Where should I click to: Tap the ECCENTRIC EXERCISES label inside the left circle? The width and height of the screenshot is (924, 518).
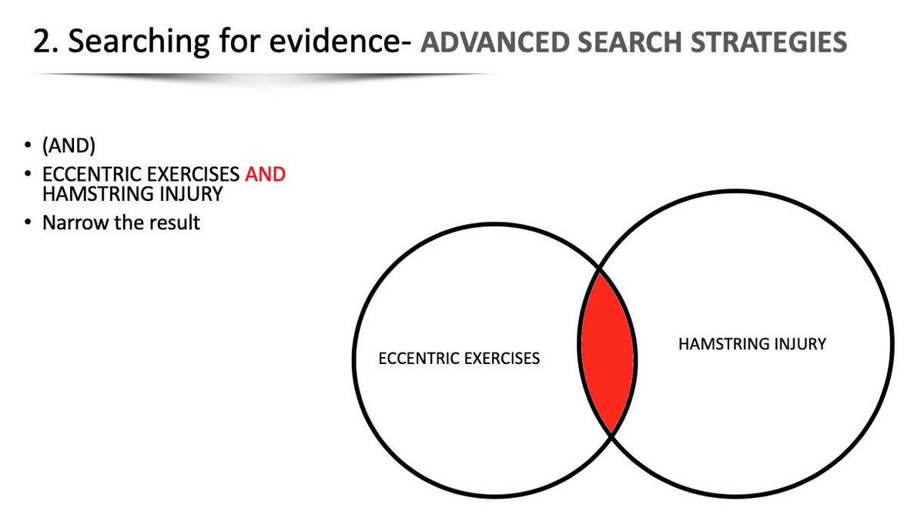[x=460, y=359]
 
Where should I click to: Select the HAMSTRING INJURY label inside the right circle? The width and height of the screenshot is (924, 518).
[x=752, y=344]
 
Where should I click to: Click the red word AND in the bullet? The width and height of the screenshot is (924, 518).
[x=265, y=175]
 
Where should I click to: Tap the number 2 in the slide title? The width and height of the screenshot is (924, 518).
[x=41, y=42]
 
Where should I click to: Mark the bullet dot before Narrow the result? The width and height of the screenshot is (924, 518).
[x=28, y=223]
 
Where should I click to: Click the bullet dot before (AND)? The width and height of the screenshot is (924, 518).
[x=28, y=148]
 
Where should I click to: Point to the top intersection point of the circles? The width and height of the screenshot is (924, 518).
[x=600, y=270]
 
